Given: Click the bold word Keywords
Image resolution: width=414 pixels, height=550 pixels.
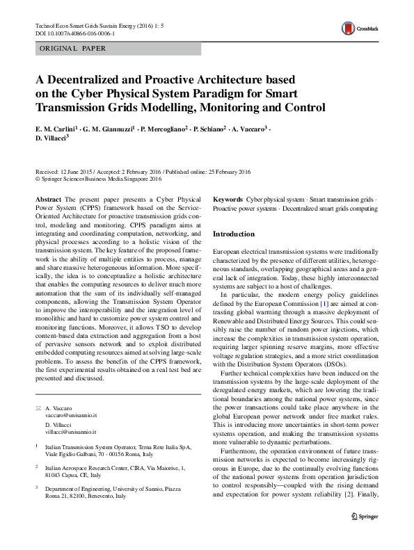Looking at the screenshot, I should coord(228,199).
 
